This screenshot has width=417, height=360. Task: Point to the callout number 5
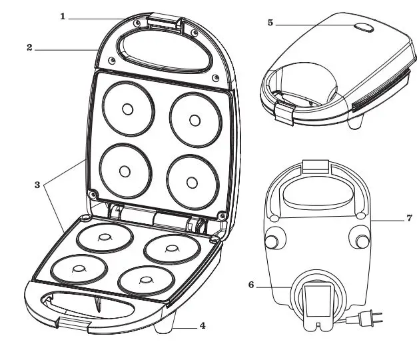[270, 23]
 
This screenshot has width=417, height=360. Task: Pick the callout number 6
[251, 284]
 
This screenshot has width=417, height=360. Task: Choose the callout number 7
[410, 218]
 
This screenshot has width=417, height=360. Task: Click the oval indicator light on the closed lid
[366, 28]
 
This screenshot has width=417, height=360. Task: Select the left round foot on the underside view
[274, 241]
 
